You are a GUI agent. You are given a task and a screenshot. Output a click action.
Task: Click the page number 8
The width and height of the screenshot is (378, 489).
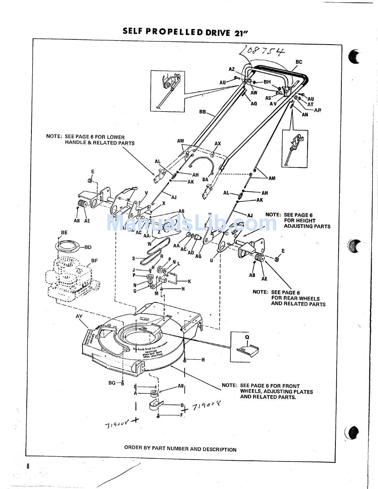point(28,466)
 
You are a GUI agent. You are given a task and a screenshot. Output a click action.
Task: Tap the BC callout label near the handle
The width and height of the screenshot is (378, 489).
point(299,62)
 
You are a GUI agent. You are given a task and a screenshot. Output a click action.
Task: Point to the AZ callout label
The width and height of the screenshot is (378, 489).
point(232,69)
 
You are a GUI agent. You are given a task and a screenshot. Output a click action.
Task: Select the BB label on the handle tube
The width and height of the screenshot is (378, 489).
point(203,112)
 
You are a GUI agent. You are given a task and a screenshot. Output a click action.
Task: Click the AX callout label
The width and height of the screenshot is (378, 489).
point(218,144)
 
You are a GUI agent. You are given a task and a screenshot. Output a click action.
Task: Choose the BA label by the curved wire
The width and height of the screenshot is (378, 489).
point(205,180)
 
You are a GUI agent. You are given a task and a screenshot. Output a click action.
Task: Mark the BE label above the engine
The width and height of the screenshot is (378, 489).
point(64,233)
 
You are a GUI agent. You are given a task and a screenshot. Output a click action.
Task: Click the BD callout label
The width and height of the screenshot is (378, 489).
point(88,247)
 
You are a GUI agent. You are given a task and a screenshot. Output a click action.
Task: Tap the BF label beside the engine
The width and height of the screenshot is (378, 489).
point(94,261)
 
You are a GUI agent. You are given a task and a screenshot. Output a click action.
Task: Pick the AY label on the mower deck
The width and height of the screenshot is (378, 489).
point(79,316)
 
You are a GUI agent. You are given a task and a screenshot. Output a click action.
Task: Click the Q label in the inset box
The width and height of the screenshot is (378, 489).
point(247,336)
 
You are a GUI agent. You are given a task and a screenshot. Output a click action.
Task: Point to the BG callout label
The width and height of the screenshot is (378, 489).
point(112,383)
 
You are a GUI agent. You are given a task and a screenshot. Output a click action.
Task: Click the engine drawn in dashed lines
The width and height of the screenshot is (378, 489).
point(74,279)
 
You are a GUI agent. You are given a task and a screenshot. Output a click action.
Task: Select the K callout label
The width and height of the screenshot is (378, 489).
point(189,281)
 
